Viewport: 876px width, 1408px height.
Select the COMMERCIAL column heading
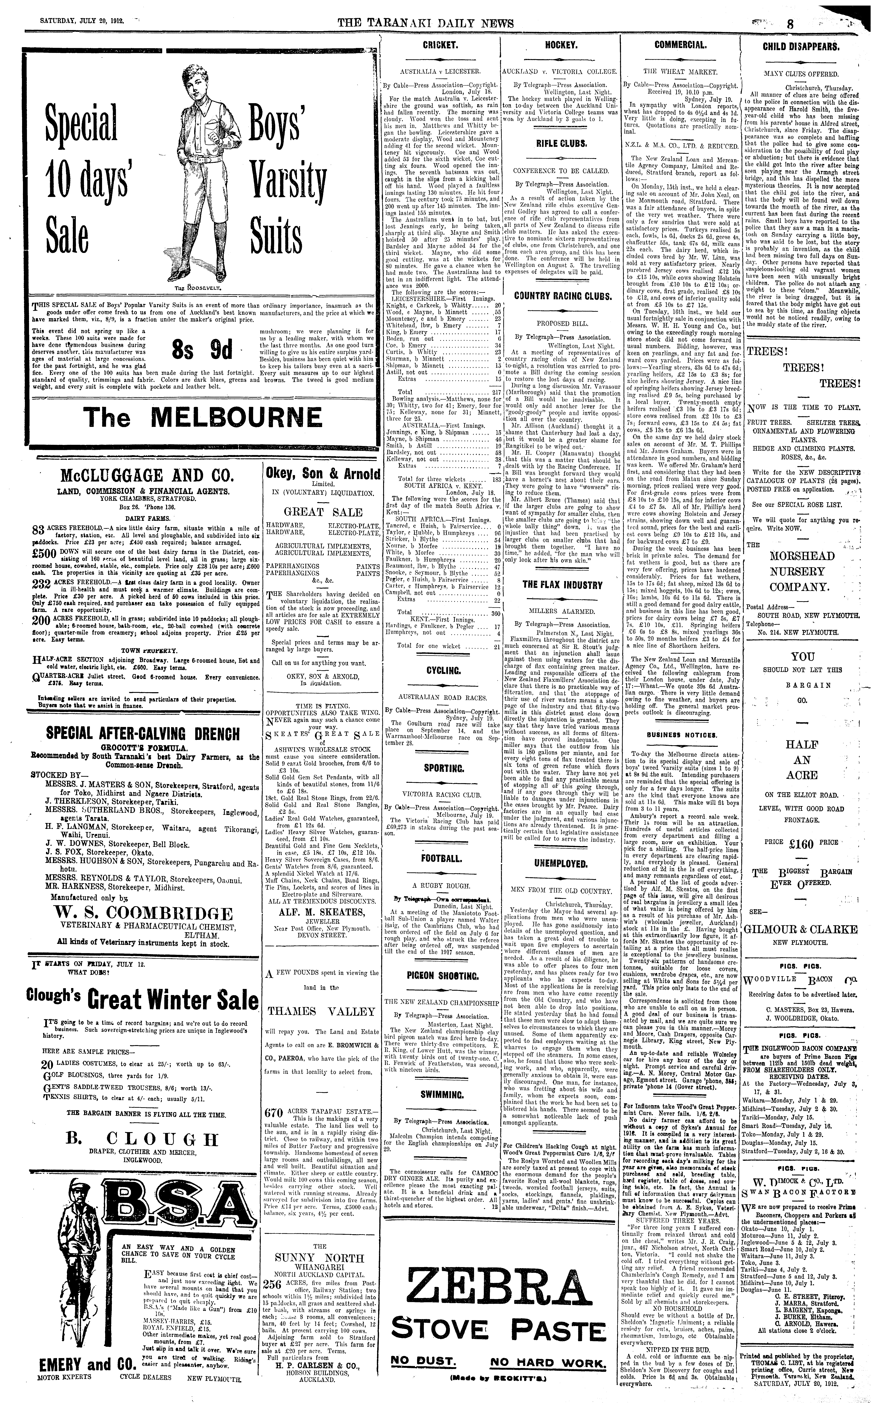tap(680, 45)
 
